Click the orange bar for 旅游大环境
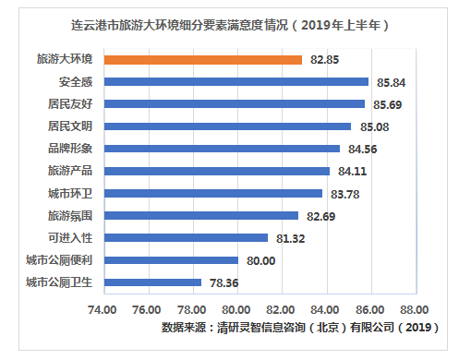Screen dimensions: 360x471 [x=202, y=59]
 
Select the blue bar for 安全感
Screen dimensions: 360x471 [x=235, y=81]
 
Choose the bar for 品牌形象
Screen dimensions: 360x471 [x=221, y=149]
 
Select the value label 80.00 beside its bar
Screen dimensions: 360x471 [x=260, y=260]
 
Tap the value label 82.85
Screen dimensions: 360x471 [x=324, y=59]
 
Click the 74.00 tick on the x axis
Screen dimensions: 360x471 [x=103, y=309]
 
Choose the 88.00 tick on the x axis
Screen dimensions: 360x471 [x=415, y=309]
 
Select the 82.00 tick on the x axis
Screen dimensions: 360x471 [x=281, y=309]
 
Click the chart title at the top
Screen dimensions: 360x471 [x=235, y=25]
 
